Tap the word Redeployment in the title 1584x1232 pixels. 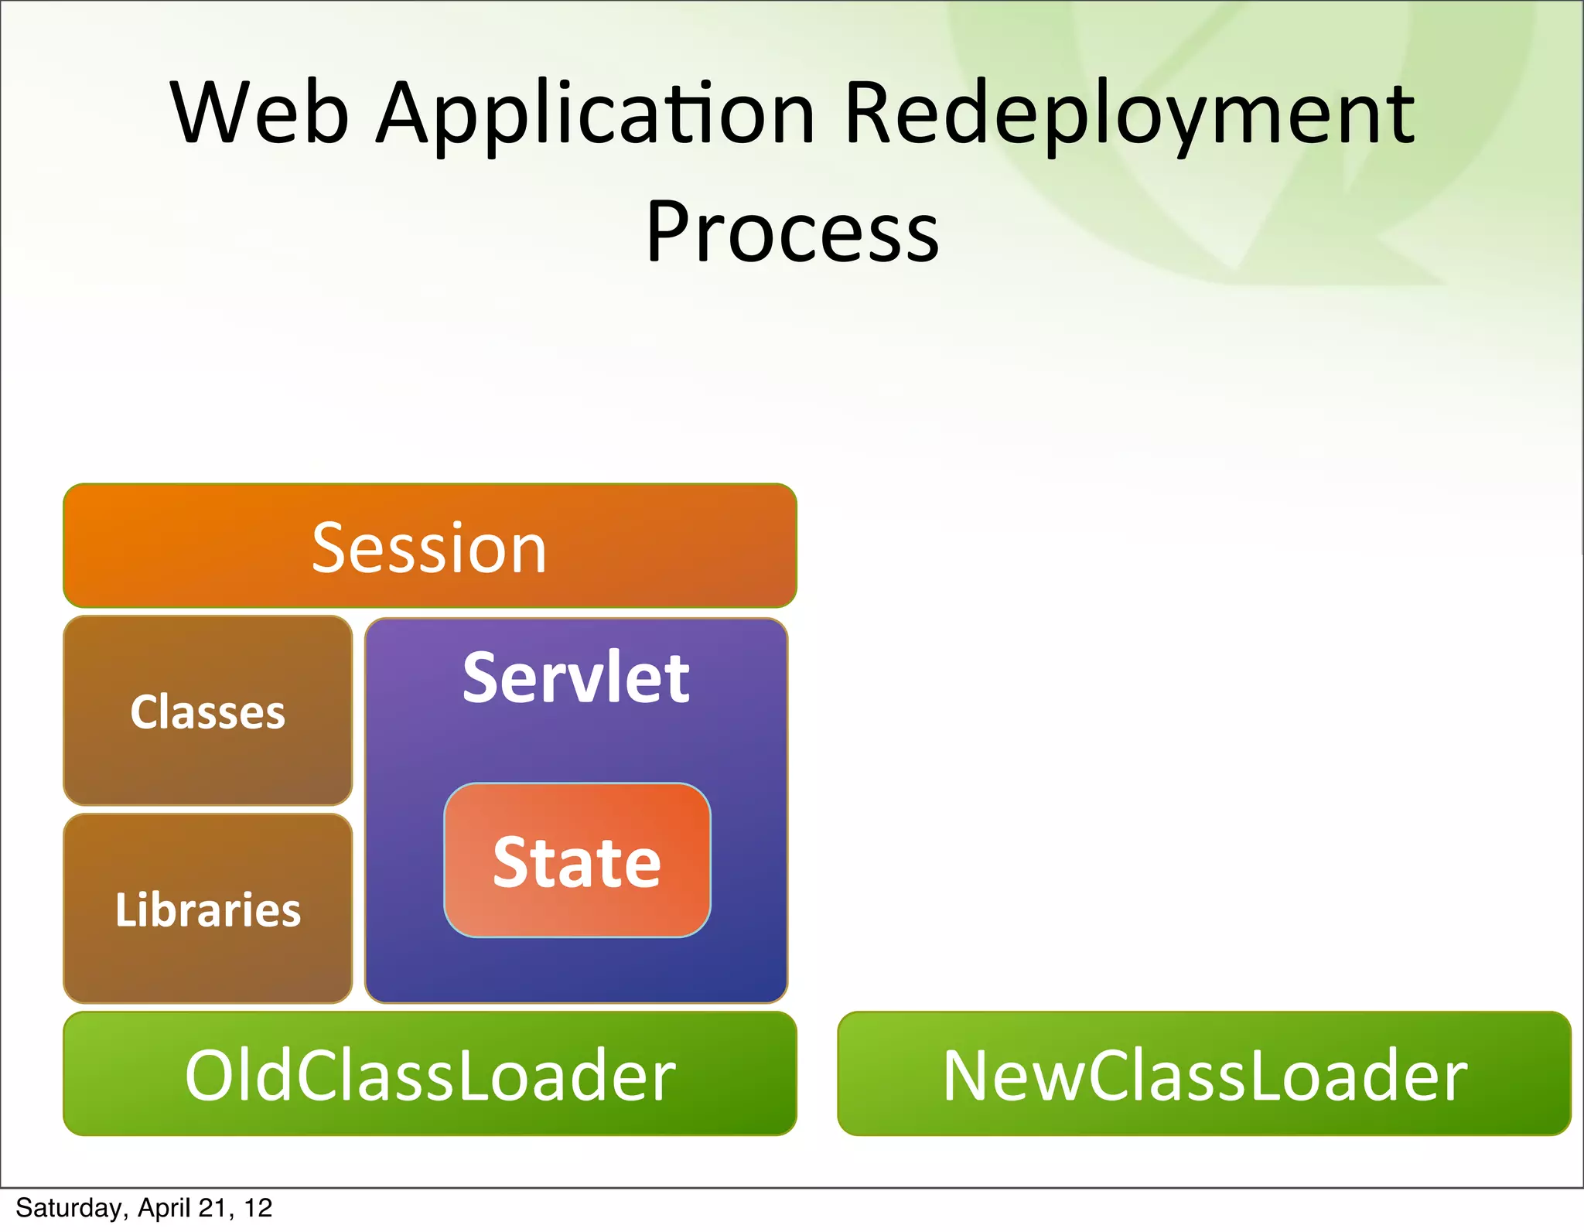coord(1128,116)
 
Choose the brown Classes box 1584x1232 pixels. coord(207,711)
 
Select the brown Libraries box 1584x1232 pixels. coord(207,909)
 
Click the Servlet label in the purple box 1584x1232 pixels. coord(576,677)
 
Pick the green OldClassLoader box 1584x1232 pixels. coord(430,1074)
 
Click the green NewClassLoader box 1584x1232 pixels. coord(1204,1074)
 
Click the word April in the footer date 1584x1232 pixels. coord(164,1208)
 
